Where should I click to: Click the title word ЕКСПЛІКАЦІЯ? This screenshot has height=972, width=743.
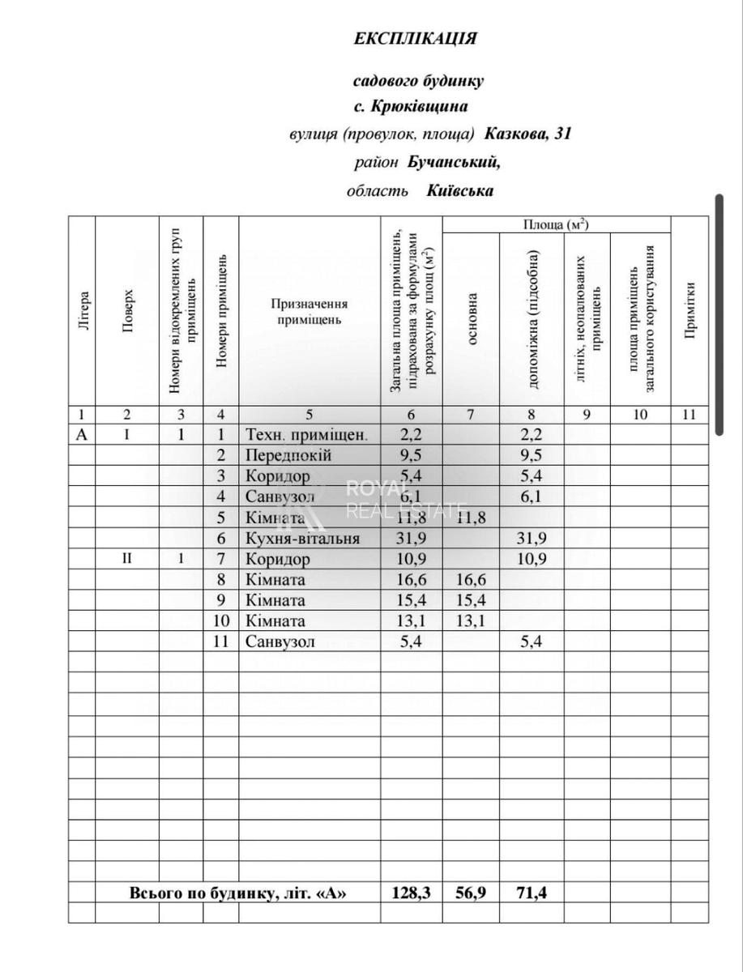click(x=415, y=39)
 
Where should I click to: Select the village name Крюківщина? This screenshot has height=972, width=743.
click(x=419, y=106)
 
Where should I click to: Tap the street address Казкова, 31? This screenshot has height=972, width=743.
click(x=528, y=134)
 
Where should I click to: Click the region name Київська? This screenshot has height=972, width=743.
click(x=460, y=191)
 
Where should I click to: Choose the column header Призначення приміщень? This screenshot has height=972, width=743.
click(x=309, y=311)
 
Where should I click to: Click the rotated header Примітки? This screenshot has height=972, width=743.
click(x=690, y=310)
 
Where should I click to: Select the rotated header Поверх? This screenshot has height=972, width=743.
click(x=127, y=310)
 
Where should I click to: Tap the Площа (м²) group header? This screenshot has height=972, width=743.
click(x=556, y=224)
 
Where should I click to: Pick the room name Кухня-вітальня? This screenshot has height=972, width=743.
click(x=302, y=539)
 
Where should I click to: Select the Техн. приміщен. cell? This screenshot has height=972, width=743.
click(x=306, y=434)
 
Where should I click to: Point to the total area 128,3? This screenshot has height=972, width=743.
click(x=411, y=893)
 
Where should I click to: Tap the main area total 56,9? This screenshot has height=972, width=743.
click(x=471, y=893)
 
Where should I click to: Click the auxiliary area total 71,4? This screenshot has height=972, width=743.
click(x=531, y=893)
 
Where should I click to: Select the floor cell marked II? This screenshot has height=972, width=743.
click(x=127, y=559)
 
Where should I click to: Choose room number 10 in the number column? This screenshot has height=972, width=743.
click(x=220, y=621)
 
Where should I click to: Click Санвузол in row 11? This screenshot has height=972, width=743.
click(x=279, y=642)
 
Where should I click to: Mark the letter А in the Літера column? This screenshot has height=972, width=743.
click(x=81, y=434)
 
